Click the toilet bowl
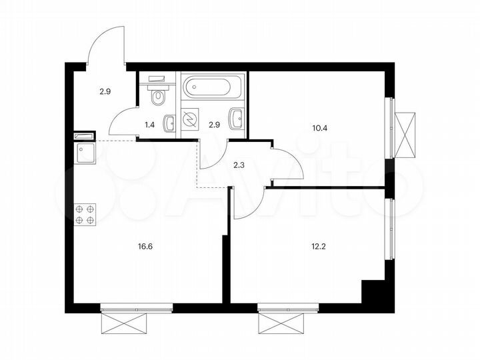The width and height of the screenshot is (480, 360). [158, 97]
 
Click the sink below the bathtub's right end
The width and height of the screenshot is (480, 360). [236, 119]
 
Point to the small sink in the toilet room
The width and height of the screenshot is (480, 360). [171, 122]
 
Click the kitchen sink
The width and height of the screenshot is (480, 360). [85, 154]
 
